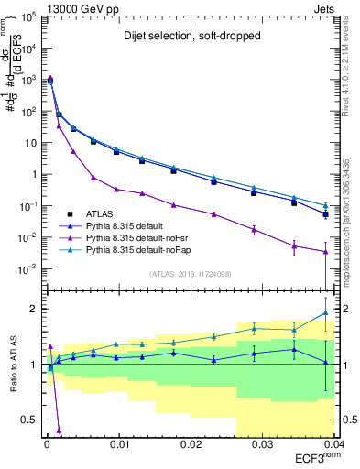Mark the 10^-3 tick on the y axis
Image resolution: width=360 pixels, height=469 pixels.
(x=29, y=269)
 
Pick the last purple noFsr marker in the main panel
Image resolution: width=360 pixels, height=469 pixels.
(x=325, y=252)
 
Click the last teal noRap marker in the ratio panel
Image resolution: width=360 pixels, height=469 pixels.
(x=325, y=313)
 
